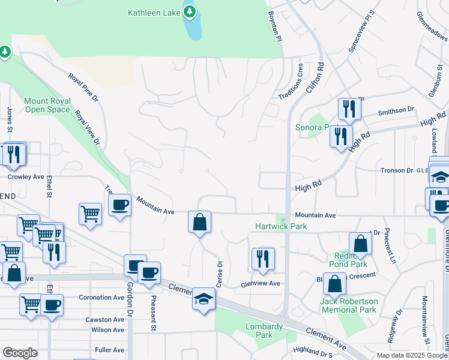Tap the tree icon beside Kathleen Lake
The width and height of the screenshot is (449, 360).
(x=190, y=11)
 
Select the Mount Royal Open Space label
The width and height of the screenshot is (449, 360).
(x=47, y=105)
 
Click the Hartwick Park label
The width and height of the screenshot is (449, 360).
(x=281, y=226)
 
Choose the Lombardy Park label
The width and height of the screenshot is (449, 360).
(x=264, y=331)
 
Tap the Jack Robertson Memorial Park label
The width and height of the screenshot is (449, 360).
(x=349, y=305)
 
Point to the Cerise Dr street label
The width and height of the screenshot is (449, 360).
(x=220, y=273)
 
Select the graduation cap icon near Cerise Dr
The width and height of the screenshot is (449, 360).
(x=203, y=299)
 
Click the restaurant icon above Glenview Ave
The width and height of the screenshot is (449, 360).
(x=262, y=259)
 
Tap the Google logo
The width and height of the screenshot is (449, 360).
(x=20, y=353)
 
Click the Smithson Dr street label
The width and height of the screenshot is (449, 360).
(x=396, y=110)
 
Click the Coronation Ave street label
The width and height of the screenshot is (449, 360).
(x=101, y=298)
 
